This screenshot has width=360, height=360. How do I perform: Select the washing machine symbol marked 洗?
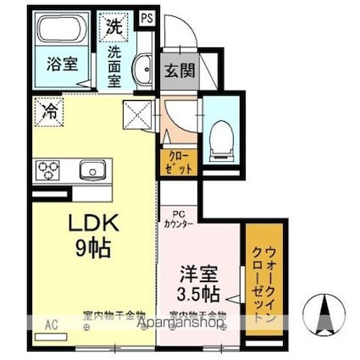pyautogui.click(x=113, y=26)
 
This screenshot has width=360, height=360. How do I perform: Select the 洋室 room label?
pyautogui.click(x=198, y=275)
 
